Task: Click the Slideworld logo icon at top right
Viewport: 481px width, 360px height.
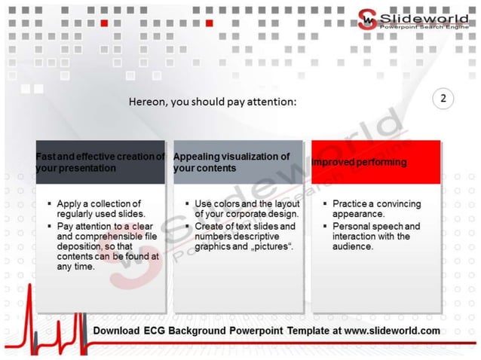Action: click(x=367, y=19)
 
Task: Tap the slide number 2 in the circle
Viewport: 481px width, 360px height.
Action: click(x=443, y=99)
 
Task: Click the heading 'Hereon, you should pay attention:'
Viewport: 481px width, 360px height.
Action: click(x=213, y=101)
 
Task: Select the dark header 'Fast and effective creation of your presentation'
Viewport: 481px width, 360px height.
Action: click(x=100, y=162)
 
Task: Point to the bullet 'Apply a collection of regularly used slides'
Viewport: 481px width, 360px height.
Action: click(x=99, y=209)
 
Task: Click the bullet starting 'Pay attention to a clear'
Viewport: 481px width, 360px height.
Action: click(x=106, y=246)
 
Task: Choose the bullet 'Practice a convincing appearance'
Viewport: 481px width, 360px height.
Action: click(x=376, y=209)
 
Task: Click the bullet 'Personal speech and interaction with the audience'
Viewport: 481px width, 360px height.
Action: click(x=377, y=236)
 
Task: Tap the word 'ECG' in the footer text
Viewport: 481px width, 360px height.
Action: click(x=160, y=331)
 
